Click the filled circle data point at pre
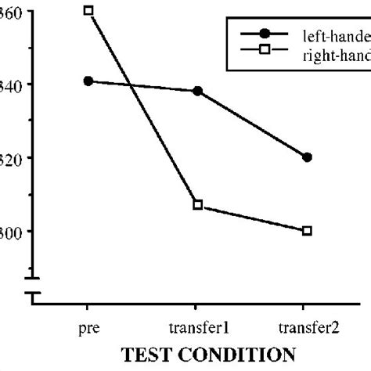click(x=88, y=81)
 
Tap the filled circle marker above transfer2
click(x=307, y=157)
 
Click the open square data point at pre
click(x=88, y=11)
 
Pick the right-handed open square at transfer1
click(x=198, y=204)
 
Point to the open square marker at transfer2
click(x=307, y=230)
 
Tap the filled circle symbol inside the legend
click(x=265, y=34)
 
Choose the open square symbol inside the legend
click(x=265, y=52)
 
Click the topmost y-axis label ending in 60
click(x=12, y=12)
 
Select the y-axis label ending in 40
click(x=12, y=85)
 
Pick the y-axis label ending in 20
click(x=12, y=157)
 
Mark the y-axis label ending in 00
click(x=12, y=231)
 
